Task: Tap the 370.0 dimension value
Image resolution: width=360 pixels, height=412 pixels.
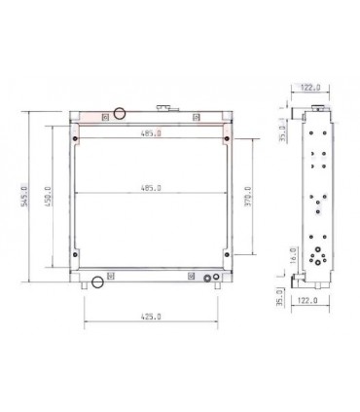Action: tap(249, 197)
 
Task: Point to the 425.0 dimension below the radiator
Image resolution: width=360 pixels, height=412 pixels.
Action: tap(151, 318)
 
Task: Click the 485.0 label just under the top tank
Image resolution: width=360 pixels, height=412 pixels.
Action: tap(151, 134)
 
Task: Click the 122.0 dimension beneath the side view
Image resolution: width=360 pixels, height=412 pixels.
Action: tap(309, 302)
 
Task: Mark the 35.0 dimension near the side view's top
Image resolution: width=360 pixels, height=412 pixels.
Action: tap(283, 128)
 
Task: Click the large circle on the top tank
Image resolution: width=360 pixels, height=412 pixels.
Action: tap(120, 114)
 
